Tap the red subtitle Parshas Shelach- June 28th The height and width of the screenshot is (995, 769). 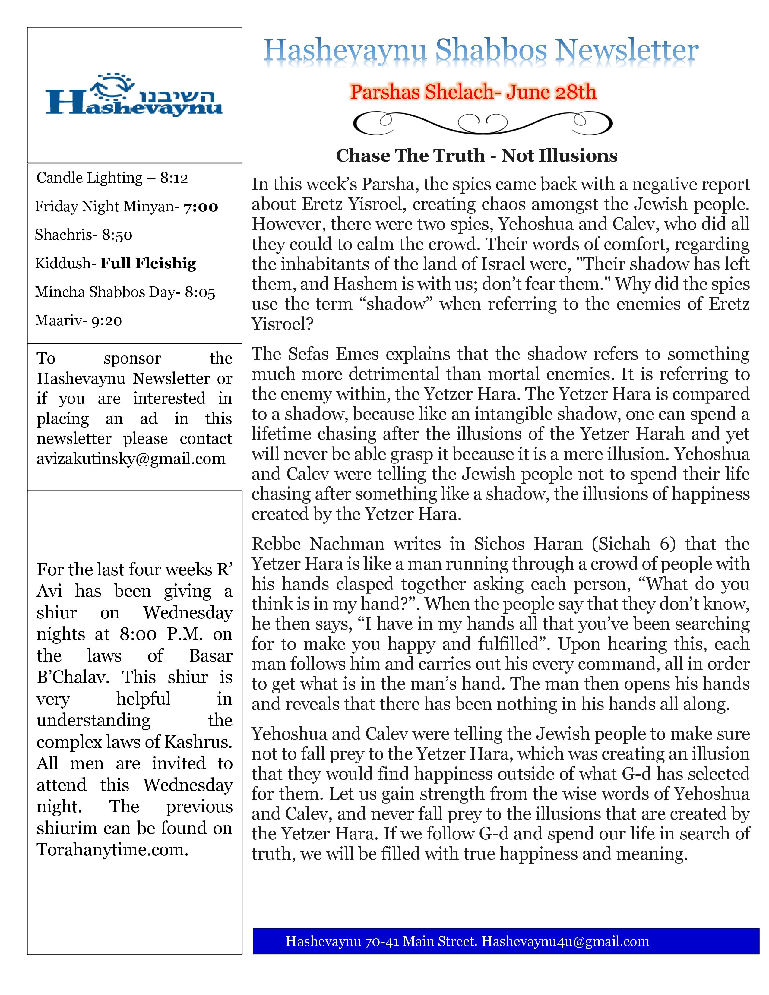[473, 92]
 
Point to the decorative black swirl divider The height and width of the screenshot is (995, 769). [483, 123]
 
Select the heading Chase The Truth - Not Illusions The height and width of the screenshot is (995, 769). [476, 156]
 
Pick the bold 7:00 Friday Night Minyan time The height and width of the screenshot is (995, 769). [201, 207]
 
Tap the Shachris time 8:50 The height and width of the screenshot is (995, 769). [117, 235]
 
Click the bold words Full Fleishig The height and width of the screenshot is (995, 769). [148, 263]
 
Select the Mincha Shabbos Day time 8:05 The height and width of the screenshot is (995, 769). [200, 292]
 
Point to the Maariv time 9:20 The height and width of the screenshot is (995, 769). [106, 321]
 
